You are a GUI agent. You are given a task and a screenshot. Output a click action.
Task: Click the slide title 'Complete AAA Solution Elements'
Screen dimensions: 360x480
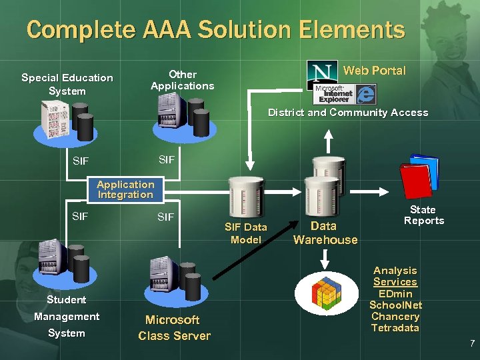click(215, 30)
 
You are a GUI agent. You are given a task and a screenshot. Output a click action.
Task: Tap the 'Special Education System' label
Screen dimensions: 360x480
click(67, 84)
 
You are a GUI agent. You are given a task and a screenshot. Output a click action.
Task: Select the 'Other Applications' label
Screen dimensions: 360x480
click(182, 80)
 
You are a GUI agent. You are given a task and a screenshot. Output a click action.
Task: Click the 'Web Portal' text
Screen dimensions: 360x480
click(373, 71)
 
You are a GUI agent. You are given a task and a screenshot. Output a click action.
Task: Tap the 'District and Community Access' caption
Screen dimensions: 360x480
click(347, 113)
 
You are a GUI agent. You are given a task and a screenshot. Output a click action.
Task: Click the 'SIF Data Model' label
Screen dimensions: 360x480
click(245, 233)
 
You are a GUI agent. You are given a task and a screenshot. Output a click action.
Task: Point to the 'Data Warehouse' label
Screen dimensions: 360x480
click(325, 233)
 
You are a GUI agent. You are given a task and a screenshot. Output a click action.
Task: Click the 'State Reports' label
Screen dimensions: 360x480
click(423, 215)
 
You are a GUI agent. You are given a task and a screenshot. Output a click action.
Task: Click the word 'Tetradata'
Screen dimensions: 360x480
click(395, 327)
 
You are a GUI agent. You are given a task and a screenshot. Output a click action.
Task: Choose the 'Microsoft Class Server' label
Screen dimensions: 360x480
click(174, 327)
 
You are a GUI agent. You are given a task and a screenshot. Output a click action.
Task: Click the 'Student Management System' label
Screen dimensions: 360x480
click(66, 316)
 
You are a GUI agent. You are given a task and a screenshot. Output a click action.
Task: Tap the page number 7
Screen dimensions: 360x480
click(471, 343)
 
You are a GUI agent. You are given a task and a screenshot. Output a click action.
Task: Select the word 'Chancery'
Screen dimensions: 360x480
click(395, 316)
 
